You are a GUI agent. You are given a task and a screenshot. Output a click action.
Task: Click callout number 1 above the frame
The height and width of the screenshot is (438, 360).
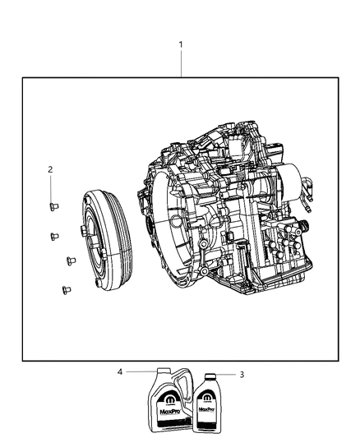tap(181, 44)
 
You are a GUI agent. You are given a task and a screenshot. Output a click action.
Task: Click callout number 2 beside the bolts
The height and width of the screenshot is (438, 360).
tap(50, 169)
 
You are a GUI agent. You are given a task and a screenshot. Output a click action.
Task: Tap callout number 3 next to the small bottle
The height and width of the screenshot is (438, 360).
tap(241, 375)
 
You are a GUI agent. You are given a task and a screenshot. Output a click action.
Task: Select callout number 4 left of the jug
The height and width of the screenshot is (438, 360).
tap(120, 371)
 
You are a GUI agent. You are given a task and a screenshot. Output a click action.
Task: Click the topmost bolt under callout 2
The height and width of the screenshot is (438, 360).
tap(52, 206)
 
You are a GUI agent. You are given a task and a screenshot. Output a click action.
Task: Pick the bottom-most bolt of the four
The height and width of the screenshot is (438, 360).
tap(62, 288)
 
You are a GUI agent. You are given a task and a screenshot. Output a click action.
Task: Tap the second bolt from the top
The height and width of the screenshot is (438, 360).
tap(54, 235)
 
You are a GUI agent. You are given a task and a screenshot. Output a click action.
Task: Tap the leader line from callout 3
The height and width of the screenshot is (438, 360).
tap(226, 375)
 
